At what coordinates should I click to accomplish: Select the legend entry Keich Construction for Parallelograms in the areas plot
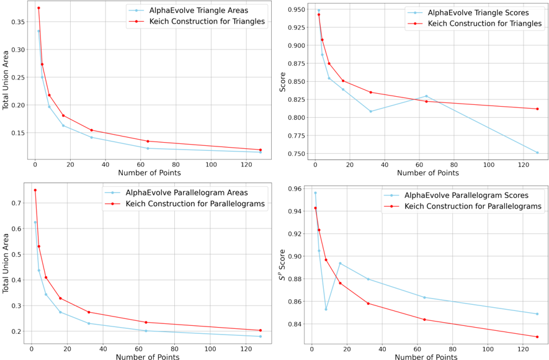tap(195, 204)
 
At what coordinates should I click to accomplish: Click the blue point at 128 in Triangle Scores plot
tap(537, 153)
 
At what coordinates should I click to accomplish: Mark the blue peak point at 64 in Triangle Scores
tap(426, 96)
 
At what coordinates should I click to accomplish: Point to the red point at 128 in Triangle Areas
tap(260, 150)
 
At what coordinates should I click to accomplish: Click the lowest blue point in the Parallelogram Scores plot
tap(326, 309)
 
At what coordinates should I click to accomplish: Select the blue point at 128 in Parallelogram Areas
tap(260, 336)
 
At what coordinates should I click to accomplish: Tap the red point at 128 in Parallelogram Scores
tap(537, 337)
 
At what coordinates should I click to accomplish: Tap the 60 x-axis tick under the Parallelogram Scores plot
tap(417, 348)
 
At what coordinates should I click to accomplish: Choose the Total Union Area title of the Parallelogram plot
tap(7, 263)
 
